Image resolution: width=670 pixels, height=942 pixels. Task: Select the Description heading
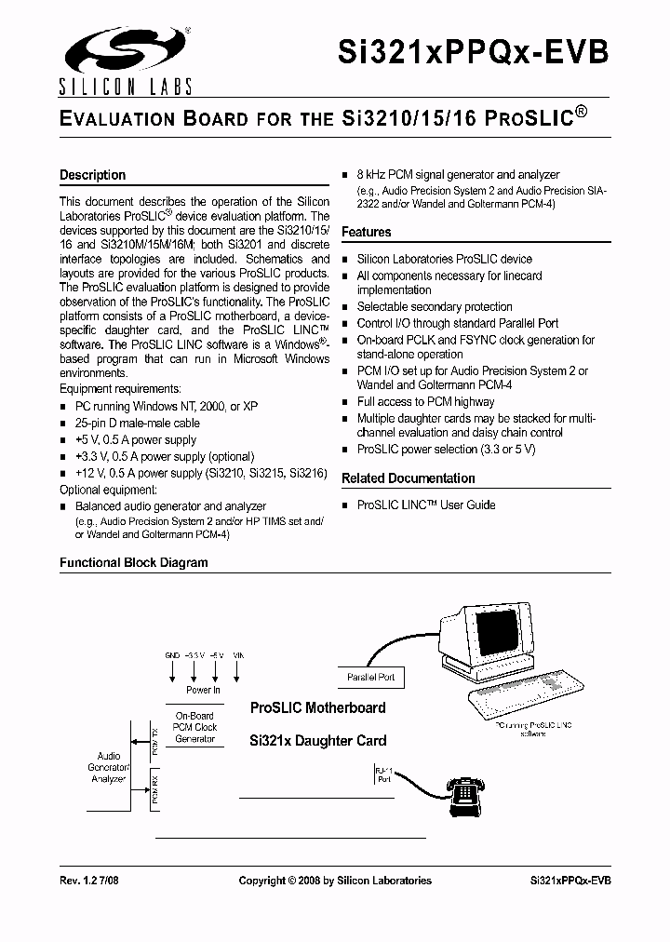click(x=92, y=175)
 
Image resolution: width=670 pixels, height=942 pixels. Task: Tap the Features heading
click(x=367, y=232)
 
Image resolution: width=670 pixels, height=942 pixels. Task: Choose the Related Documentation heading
click(x=408, y=478)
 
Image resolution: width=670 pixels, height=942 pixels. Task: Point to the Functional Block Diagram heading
click(x=133, y=562)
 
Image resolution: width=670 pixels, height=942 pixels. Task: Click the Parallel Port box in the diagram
click(x=370, y=678)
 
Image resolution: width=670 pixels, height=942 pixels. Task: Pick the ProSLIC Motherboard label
click(x=317, y=707)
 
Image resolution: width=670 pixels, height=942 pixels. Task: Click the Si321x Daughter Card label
click(x=317, y=741)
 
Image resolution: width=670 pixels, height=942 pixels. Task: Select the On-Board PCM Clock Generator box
click(x=195, y=727)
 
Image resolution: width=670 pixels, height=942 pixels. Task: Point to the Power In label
click(x=203, y=690)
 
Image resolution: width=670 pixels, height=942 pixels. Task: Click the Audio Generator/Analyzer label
click(x=109, y=767)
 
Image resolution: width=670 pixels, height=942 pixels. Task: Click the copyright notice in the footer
click(x=335, y=881)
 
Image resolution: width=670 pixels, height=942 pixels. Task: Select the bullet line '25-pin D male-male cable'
click(x=137, y=423)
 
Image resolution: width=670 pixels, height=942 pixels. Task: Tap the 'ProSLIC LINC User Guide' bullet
click(x=425, y=505)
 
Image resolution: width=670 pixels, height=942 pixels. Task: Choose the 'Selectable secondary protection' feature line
click(x=435, y=306)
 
